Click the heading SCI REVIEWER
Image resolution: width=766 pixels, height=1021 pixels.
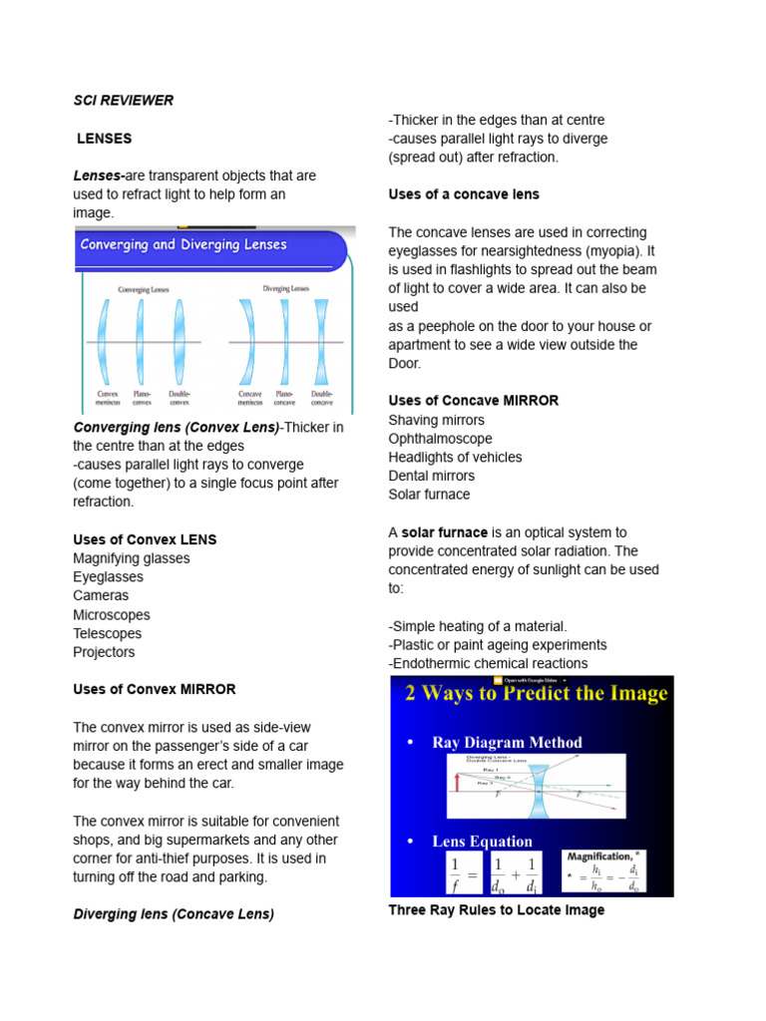click(123, 100)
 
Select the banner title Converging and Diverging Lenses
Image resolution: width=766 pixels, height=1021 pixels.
click(184, 244)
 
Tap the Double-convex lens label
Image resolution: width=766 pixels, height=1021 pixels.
click(180, 398)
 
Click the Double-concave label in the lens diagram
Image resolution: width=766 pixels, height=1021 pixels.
click(321, 398)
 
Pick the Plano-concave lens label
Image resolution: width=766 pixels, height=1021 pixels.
click(284, 398)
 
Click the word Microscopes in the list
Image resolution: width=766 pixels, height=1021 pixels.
click(111, 615)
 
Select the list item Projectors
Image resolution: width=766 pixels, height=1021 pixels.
click(104, 652)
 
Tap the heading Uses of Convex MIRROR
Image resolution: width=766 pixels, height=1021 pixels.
click(155, 689)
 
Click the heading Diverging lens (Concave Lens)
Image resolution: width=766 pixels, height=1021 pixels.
click(174, 913)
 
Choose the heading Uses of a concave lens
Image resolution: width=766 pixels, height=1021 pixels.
click(464, 194)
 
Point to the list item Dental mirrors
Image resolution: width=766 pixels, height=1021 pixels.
click(431, 476)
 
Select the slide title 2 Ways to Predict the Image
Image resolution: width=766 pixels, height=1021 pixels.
click(536, 694)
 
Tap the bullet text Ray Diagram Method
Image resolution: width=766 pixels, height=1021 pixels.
click(507, 742)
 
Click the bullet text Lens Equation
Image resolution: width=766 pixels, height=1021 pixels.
click(482, 841)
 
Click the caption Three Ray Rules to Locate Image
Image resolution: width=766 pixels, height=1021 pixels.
click(496, 910)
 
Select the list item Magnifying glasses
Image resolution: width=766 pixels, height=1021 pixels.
click(131, 558)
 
